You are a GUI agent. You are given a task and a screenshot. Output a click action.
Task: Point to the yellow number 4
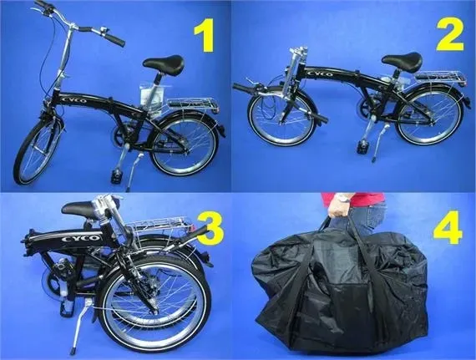(x=448, y=229)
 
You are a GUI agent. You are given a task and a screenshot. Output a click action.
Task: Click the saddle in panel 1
(x=164, y=63)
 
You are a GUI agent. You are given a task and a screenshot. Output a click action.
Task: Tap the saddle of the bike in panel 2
(x=403, y=61)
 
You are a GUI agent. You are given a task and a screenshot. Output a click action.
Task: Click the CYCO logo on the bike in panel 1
(x=73, y=100)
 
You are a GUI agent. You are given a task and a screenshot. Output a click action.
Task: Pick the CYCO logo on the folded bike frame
(x=80, y=238)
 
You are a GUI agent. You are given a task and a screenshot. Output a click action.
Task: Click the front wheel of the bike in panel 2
(x=281, y=116)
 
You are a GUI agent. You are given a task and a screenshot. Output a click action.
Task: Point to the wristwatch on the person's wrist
(x=342, y=199)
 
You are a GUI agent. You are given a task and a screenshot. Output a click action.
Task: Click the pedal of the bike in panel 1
(x=116, y=176)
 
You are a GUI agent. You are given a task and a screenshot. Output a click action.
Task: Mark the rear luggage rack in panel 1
(x=192, y=105)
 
